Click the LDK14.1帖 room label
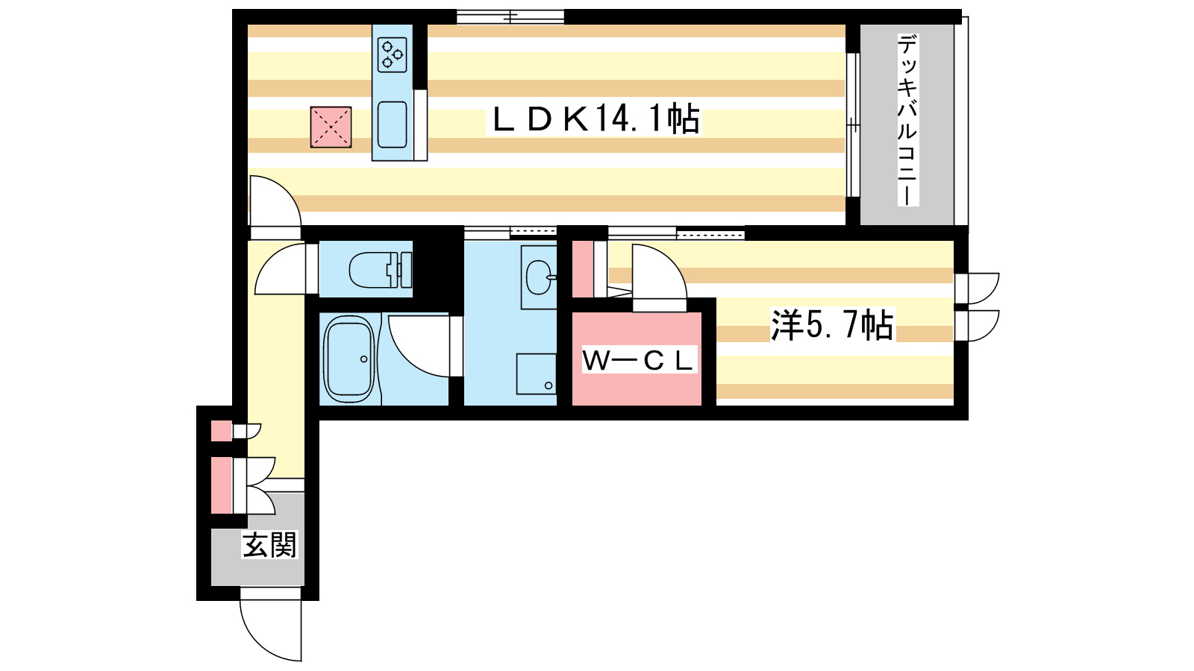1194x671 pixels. click(595, 119)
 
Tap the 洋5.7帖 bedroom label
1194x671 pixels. click(832, 325)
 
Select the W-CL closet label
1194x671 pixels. click(638, 361)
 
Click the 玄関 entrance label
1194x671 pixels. click(269, 545)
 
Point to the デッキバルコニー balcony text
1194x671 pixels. click(907, 120)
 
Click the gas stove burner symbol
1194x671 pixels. click(392, 55)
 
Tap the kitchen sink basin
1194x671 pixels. click(392, 125)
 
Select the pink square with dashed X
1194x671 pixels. click(331, 127)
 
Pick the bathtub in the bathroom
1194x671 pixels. click(349, 359)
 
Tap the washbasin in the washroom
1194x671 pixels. click(539, 277)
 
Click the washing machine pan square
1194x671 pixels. click(537, 374)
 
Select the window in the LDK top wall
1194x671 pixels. click(510, 16)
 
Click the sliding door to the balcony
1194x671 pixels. click(853, 125)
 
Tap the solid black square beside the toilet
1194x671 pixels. click(437, 268)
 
